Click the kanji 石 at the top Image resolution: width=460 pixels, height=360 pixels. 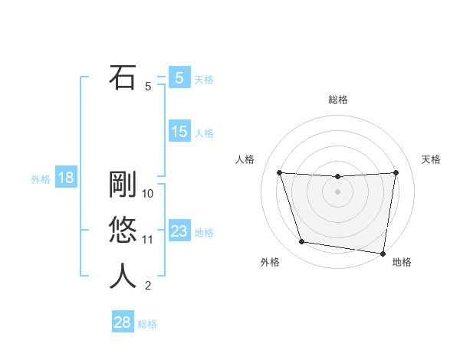123,78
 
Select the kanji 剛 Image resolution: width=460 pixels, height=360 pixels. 123,185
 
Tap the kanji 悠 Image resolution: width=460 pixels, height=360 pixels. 123,231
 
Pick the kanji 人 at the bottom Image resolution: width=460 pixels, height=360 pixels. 123,277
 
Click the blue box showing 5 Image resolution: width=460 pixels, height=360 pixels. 179,77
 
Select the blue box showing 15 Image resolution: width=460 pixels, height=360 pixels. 179,132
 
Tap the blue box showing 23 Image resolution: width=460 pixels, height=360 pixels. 179,231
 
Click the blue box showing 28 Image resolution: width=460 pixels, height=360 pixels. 122,322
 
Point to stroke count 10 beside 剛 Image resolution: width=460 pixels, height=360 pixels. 148,194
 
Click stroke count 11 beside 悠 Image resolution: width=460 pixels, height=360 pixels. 148,240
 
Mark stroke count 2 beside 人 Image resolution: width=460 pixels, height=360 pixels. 148,286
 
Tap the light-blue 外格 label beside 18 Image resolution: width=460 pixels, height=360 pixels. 41,179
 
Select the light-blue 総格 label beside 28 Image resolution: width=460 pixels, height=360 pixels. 147,324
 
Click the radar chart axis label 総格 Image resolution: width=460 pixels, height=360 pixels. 337,100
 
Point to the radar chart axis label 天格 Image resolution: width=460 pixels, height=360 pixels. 432,159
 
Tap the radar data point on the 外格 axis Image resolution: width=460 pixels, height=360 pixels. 302,242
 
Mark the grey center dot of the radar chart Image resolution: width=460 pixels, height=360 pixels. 337,191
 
